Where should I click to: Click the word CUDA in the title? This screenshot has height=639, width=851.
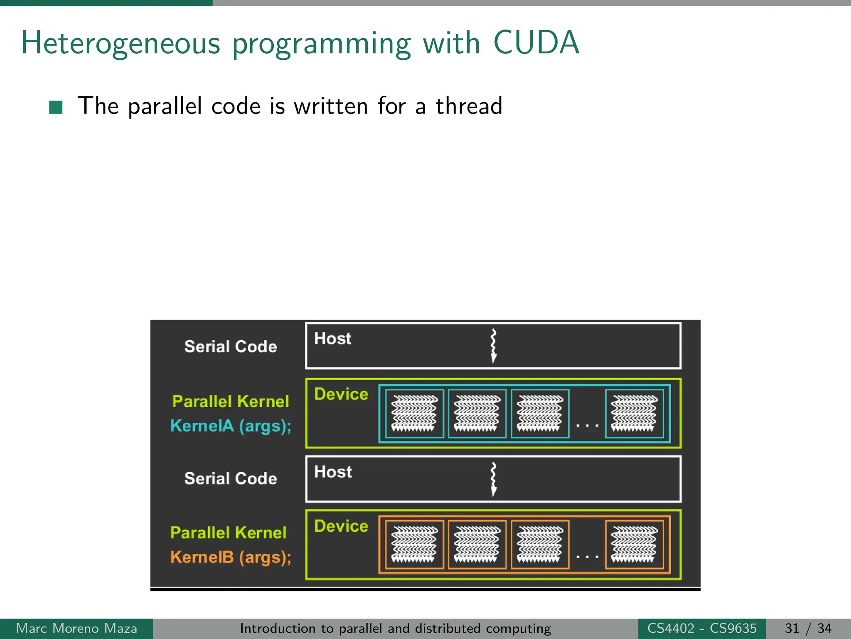click(536, 42)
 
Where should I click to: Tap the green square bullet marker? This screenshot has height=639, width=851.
click(56, 107)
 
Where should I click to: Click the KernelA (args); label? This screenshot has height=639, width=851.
click(231, 426)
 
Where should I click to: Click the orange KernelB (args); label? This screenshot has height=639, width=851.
click(231, 557)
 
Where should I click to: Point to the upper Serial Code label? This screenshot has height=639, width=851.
click(231, 347)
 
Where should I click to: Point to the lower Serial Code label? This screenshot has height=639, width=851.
click(231, 478)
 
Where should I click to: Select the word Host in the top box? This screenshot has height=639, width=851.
click(332, 339)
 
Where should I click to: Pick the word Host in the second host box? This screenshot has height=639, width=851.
click(333, 472)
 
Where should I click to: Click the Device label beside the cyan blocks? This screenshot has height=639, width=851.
click(341, 394)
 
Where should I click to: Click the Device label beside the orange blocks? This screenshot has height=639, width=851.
click(341, 526)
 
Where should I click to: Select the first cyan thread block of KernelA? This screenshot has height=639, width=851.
click(414, 414)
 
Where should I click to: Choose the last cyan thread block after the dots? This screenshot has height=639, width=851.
click(634, 414)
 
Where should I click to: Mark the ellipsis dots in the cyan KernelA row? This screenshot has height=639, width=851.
click(587, 425)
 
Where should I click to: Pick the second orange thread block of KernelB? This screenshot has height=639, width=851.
click(477, 545)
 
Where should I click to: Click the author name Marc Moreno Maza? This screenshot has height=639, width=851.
click(76, 628)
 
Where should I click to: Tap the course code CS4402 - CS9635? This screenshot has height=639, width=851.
click(702, 628)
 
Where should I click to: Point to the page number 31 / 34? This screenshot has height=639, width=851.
click(808, 628)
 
